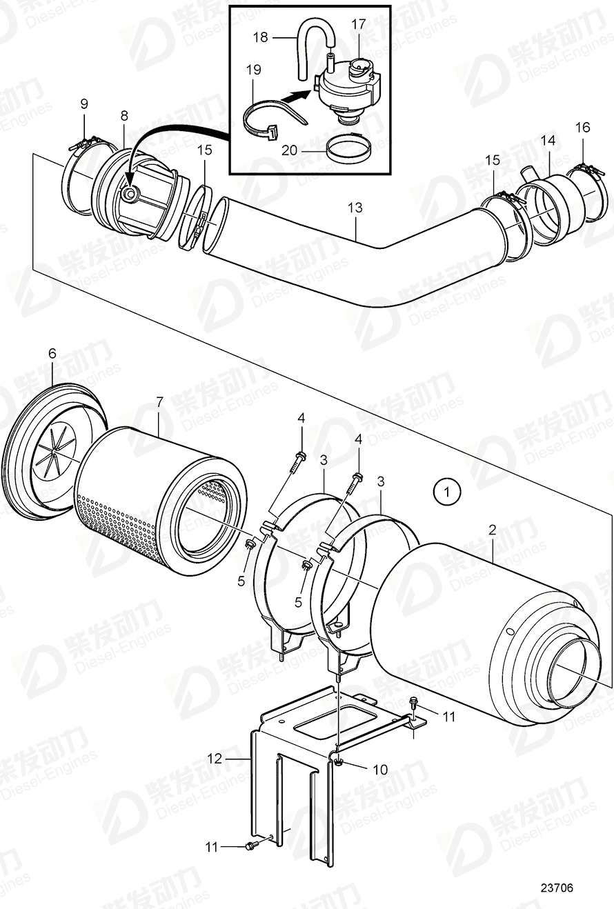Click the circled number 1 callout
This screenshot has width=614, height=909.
click(447, 492)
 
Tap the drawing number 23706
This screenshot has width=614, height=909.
click(556, 888)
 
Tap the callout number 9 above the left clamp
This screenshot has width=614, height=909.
click(84, 104)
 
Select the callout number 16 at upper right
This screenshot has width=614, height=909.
click(583, 127)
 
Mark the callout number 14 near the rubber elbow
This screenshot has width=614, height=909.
click(548, 140)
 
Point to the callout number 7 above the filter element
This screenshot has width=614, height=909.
click(159, 401)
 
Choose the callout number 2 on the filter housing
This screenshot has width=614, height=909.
click(493, 530)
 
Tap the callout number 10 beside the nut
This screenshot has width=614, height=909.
click(380, 769)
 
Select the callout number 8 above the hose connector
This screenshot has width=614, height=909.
click(124, 116)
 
